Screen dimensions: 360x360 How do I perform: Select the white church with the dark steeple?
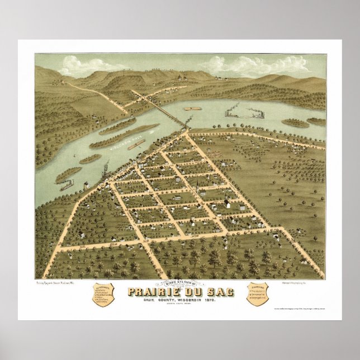pos(227,202)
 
